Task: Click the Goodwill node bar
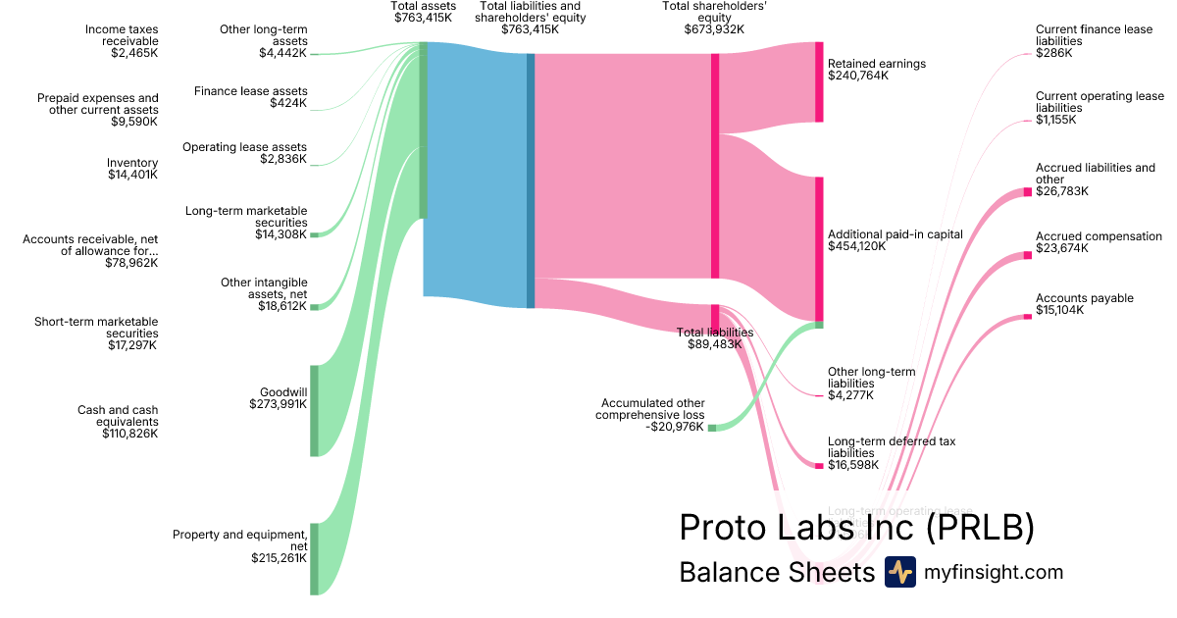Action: pyautogui.click(x=315, y=410)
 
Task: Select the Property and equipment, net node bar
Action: pyautogui.click(x=315, y=558)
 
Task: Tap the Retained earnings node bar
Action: pyautogui.click(x=819, y=82)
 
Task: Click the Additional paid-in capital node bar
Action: pyautogui.click(x=819, y=248)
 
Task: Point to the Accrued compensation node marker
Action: pyautogui.click(x=1028, y=255)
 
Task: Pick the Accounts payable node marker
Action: pyautogui.click(x=1028, y=316)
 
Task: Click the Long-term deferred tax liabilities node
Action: pyautogui.click(x=819, y=465)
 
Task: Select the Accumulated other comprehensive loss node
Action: pyautogui.click(x=712, y=428)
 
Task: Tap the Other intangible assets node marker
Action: pyautogui.click(x=315, y=307)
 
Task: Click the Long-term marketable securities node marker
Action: pyautogui.click(x=315, y=234)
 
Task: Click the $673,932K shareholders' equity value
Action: pyautogui.click(x=714, y=29)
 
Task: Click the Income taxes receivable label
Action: pyautogui.click(x=122, y=35)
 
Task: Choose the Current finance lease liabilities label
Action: pyautogui.click(x=1094, y=35)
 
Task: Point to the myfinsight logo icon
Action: pyautogui.click(x=899, y=572)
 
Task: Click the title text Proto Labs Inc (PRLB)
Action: pyautogui.click(x=856, y=528)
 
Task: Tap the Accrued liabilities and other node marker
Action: pyautogui.click(x=1028, y=191)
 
